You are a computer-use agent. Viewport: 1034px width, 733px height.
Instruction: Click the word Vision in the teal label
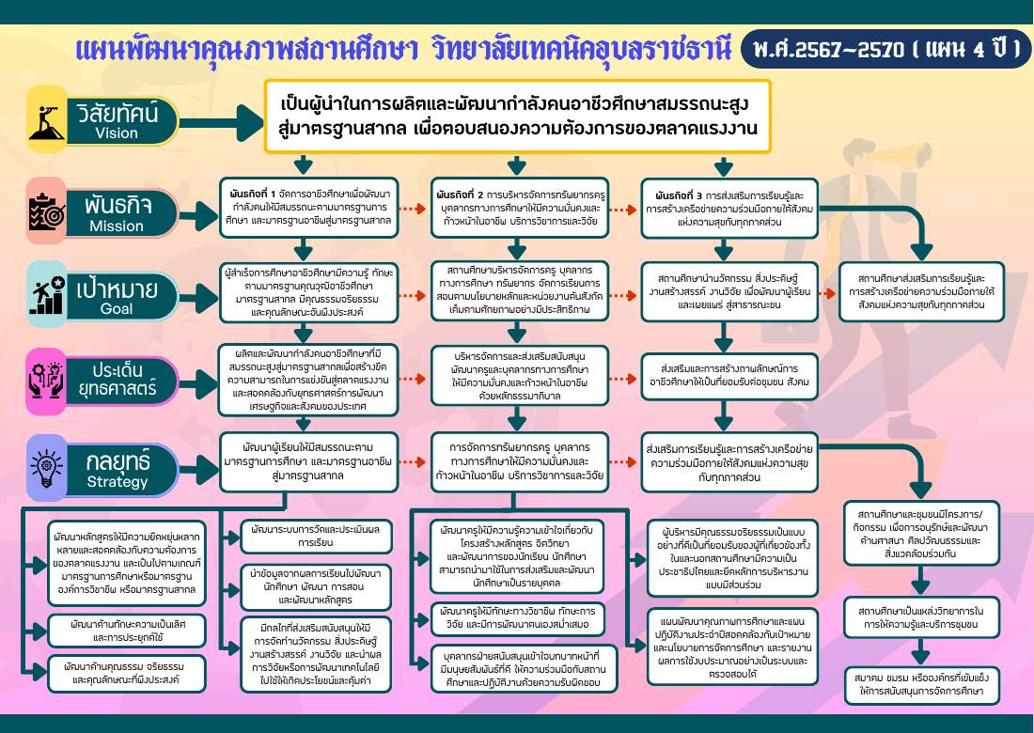click(117, 133)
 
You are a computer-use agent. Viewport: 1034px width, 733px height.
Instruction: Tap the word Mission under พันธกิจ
click(117, 226)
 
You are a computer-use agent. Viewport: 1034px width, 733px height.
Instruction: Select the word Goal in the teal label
click(117, 308)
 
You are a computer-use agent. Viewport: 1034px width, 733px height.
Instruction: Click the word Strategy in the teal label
click(117, 482)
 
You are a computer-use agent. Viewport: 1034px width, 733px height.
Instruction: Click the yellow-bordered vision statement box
click(517, 114)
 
